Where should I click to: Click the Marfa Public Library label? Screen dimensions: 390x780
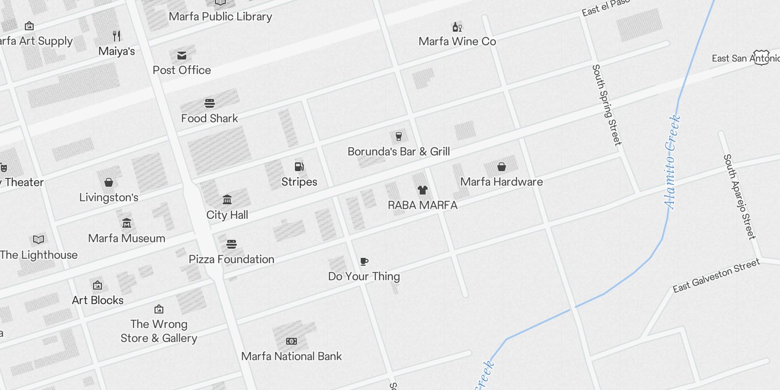pos(220,17)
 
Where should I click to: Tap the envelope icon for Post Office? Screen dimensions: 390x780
pos(182,56)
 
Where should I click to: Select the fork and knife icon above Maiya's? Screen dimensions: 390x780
pos(117,36)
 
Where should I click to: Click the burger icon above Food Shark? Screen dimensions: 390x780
pos(210,103)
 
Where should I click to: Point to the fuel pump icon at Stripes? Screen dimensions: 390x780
pos(299,167)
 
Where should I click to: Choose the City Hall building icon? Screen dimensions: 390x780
pos(227,199)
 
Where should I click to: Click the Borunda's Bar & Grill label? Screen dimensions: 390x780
pos(398,152)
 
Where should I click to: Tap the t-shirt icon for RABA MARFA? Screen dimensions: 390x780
pos(423,190)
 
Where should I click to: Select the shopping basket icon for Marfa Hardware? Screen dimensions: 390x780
pos(501,167)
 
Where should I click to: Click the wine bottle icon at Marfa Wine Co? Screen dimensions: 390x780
pos(457,27)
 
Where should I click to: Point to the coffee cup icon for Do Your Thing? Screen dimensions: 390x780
pos(364,262)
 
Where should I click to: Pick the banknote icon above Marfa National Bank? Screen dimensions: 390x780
pos(292,341)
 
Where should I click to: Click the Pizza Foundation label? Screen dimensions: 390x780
pos(232,259)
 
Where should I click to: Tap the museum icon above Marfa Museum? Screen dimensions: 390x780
pos(127,223)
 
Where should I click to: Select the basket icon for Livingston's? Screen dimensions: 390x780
pos(109,182)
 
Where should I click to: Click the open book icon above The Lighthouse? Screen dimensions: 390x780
pos(39,239)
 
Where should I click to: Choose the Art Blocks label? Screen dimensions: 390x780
pos(97,300)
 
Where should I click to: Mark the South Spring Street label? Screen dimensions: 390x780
pos(606,105)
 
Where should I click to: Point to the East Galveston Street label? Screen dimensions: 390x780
pos(716,275)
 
